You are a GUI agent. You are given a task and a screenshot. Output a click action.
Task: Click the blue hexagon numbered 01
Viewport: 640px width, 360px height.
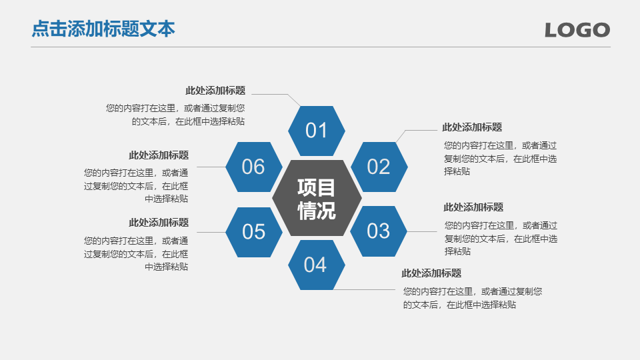pyautogui.click(x=316, y=131)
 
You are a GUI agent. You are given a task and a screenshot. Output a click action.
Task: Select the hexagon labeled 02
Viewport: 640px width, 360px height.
pyautogui.click(x=379, y=167)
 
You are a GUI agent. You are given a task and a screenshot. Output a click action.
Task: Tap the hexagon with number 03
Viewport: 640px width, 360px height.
pyautogui.click(x=379, y=231)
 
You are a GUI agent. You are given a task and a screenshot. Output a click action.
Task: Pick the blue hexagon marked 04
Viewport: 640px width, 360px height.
pyautogui.click(x=316, y=265)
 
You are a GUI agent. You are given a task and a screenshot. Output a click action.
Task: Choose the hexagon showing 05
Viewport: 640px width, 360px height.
pyautogui.click(x=254, y=232)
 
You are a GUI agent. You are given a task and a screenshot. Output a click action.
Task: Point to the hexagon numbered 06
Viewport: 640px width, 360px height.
pyautogui.click(x=254, y=167)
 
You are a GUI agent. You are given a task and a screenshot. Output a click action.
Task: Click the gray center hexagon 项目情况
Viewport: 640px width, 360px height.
pyautogui.click(x=317, y=199)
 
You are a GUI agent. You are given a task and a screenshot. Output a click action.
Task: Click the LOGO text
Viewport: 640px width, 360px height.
pyautogui.click(x=577, y=30)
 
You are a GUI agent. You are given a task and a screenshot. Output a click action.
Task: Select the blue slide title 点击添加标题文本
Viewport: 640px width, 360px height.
pyautogui.click(x=103, y=29)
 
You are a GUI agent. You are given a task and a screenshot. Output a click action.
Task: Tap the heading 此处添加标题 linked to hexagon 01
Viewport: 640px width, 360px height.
pyautogui.click(x=215, y=90)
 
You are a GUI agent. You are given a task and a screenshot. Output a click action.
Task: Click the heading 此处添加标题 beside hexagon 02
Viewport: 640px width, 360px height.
pyautogui.click(x=472, y=127)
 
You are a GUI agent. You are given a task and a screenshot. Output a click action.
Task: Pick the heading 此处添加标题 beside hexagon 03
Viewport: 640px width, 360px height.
pyautogui.click(x=473, y=207)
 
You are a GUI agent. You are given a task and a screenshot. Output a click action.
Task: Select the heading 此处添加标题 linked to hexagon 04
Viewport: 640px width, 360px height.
pyautogui.click(x=431, y=273)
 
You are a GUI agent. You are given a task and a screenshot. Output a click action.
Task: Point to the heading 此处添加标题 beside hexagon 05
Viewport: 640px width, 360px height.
pyautogui.click(x=159, y=223)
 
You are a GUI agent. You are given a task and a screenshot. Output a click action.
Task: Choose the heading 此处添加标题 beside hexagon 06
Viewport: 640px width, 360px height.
pyautogui.click(x=159, y=155)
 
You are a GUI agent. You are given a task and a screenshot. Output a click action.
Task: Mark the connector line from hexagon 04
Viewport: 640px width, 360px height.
pyautogui.click(x=365, y=290)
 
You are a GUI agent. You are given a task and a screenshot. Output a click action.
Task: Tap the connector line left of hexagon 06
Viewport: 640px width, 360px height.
pyautogui.click(x=211, y=167)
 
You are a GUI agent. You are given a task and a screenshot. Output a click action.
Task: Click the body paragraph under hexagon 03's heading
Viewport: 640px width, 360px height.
pyautogui.click(x=501, y=239)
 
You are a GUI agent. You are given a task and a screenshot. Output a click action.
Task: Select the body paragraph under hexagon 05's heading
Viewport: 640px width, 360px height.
pyautogui.click(x=136, y=253)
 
